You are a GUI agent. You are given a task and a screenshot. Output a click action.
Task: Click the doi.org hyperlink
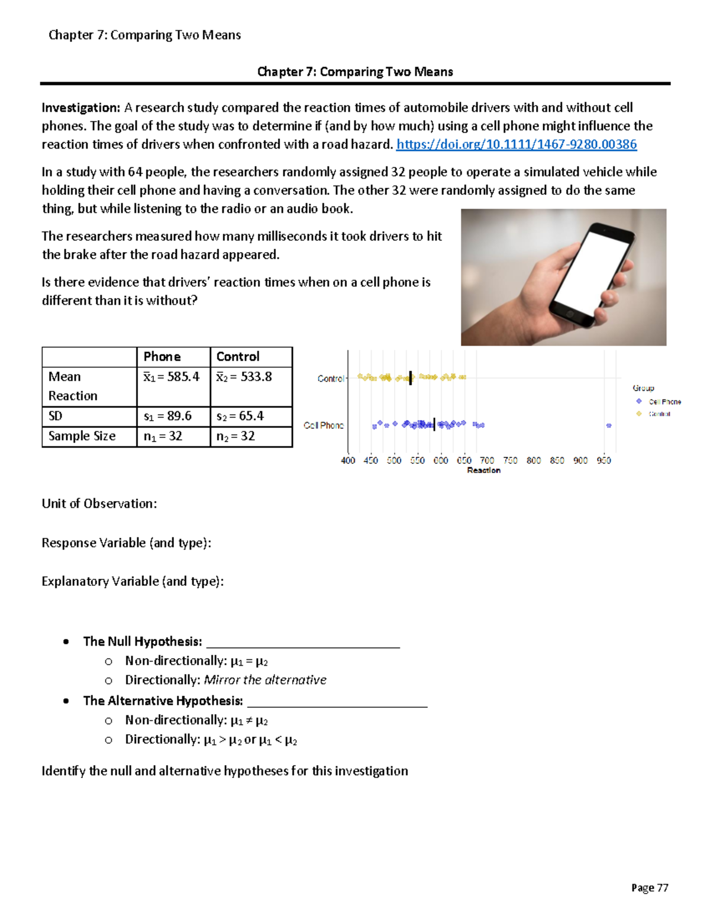tap(516, 144)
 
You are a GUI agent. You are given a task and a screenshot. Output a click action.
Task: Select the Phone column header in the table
tap(162, 357)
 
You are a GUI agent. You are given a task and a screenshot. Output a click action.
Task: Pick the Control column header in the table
tap(238, 357)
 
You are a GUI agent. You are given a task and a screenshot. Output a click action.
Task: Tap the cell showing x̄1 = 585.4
tap(172, 377)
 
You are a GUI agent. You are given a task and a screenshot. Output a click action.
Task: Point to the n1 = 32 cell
tap(163, 437)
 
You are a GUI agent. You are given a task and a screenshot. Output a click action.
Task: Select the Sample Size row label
tap(82, 437)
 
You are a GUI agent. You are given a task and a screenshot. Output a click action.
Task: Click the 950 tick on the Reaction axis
tap(603, 460)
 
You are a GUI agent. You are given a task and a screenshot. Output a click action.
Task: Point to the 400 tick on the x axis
tap(348, 460)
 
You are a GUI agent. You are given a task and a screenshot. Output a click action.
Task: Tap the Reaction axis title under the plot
tap(483, 470)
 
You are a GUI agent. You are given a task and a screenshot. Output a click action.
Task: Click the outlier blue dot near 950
tap(609, 425)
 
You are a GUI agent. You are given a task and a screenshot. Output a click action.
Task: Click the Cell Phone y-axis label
tap(324, 425)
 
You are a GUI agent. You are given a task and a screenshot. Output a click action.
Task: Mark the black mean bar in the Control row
tap(411, 378)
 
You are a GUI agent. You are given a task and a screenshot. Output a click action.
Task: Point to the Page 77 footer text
tap(649, 888)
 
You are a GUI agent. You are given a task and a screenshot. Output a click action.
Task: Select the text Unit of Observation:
tap(99, 504)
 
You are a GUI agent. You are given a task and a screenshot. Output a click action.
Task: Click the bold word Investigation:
tap(81, 108)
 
